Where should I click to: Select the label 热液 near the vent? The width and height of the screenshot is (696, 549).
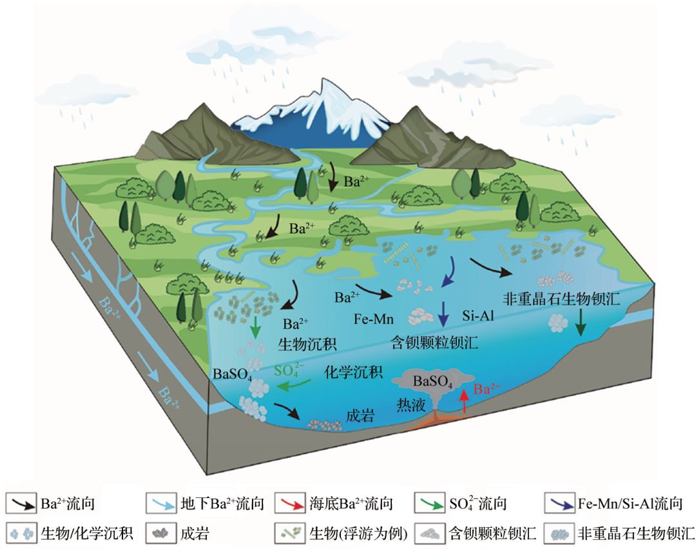[411, 404]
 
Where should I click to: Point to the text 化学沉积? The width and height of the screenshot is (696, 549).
[353, 372]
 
